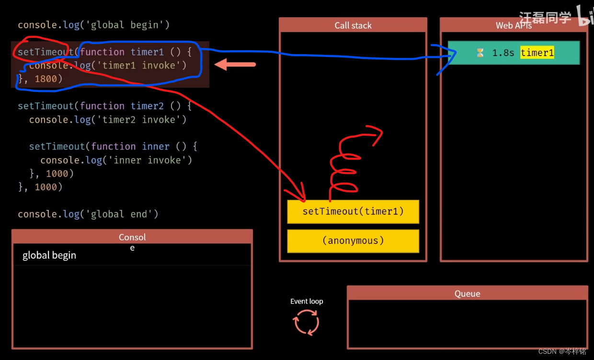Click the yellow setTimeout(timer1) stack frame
point(353,211)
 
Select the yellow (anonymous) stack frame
point(353,241)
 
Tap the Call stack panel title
point(353,25)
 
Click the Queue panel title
point(467,293)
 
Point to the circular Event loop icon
point(306,322)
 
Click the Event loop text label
point(307,302)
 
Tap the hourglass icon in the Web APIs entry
point(480,53)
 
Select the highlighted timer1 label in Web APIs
point(537,53)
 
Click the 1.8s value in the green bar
point(503,53)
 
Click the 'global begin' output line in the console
point(49,255)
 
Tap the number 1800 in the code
point(46,79)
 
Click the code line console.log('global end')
point(88,214)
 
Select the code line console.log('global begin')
point(94,24)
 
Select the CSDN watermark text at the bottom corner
point(562,351)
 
